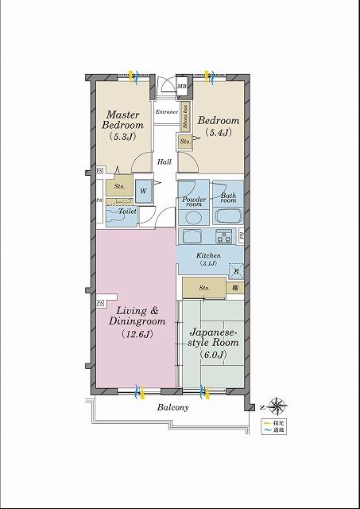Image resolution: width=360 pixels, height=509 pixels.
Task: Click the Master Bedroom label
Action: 125,125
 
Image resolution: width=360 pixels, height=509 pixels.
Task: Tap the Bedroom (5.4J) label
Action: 215,126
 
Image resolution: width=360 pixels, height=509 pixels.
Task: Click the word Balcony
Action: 172,408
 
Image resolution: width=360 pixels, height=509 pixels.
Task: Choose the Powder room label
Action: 194,201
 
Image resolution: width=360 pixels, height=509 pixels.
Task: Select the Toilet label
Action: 127,212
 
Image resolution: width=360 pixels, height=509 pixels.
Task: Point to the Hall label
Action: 164,162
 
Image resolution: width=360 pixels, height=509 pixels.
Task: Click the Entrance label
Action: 166,112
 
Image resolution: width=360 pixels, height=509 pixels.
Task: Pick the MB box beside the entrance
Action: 182,86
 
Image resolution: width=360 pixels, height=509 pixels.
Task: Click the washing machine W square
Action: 144,191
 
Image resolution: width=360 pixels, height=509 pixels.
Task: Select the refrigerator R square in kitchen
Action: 235,271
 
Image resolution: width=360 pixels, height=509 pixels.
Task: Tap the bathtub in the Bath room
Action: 228,217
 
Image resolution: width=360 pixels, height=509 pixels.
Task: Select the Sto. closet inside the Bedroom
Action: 184,142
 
